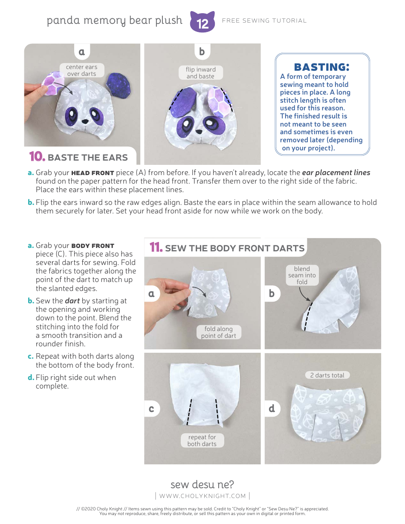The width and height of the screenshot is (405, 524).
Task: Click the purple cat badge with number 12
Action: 202,22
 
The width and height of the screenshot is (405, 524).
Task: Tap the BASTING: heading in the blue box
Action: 322,67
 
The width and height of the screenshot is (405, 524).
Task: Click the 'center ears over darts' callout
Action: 81,70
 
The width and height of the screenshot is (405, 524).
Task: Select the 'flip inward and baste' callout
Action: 200,73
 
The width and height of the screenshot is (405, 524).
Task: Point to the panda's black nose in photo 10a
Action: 85,121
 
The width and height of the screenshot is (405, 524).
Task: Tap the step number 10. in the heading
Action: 37,157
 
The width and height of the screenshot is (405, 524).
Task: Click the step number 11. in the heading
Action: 156,248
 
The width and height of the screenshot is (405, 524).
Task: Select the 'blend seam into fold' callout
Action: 302,275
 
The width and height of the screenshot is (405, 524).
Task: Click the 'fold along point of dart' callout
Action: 218,332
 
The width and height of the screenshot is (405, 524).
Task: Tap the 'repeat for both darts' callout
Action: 202,441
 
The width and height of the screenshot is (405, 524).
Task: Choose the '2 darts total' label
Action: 327,375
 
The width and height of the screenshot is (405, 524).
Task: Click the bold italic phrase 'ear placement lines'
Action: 336,173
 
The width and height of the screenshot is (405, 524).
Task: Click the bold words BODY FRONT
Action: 93,246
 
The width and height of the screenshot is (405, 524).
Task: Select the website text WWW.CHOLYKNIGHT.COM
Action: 202,496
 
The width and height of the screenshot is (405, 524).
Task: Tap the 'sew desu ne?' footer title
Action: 202,484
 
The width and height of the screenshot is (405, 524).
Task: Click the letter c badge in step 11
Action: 151,409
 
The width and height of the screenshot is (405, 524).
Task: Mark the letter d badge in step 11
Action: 272,409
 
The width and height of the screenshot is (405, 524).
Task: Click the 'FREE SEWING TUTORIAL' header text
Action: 264,20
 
